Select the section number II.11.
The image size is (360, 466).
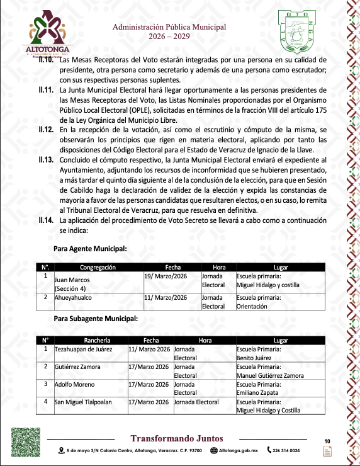(x=45, y=91)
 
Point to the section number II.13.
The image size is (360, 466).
(x=45, y=161)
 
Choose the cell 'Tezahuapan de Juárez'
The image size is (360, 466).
(x=86, y=348)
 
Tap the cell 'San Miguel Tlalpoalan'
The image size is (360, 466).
(x=86, y=401)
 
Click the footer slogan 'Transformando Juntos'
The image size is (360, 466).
(x=176, y=438)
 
